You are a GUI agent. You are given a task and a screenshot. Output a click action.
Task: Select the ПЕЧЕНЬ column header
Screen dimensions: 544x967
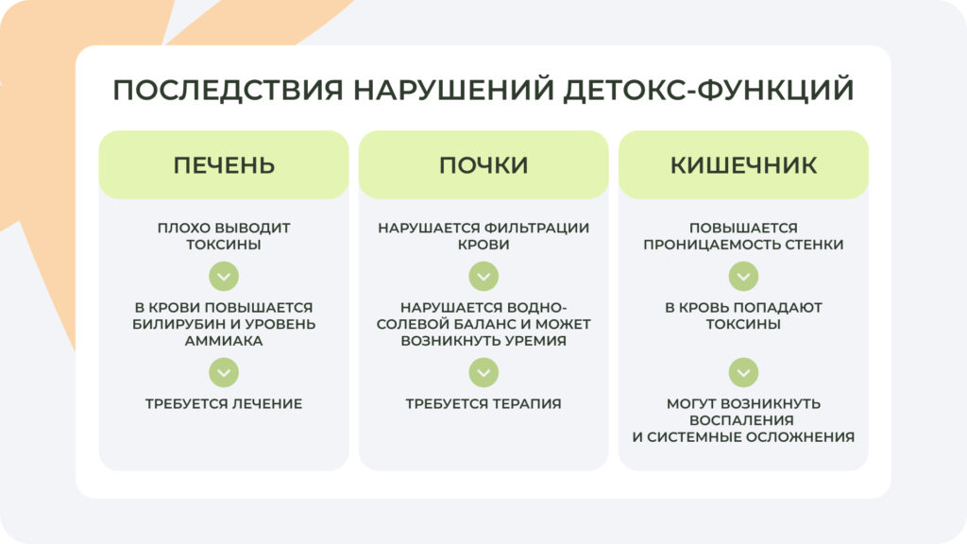click(x=224, y=165)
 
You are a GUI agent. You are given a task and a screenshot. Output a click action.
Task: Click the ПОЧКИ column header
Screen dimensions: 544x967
click(x=483, y=165)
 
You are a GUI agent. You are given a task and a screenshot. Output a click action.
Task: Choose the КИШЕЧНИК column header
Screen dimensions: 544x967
click(x=743, y=165)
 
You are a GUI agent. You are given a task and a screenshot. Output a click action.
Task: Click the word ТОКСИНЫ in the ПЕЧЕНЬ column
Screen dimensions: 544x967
click(x=224, y=245)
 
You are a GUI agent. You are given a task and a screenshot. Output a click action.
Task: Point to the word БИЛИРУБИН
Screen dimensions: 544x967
click(x=175, y=324)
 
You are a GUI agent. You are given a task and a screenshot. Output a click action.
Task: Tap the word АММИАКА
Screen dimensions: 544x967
click(x=224, y=341)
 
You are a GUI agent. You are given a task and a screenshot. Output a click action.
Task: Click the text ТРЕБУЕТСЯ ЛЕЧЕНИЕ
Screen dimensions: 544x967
click(x=224, y=403)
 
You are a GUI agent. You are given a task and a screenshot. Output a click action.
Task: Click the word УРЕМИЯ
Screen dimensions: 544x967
click(x=533, y=341)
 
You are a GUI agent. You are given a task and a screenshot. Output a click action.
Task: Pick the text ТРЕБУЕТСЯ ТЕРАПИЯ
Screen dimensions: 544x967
click(x=483, y=403)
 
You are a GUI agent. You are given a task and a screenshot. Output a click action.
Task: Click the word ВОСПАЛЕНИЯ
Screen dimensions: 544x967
click(x=743, y=420)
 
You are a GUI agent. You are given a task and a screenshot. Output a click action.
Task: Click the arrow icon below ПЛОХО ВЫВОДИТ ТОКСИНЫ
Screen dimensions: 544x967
click(x=224, y=277)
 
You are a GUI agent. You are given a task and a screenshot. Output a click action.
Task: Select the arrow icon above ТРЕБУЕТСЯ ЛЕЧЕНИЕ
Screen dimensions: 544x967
click(x=224, y=372)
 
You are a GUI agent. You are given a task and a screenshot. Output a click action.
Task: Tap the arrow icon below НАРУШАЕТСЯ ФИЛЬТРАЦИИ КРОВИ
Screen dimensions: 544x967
click(x=483, y=277)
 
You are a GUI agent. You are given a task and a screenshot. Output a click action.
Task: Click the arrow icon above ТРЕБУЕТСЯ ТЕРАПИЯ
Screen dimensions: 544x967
click(x=483, y=372)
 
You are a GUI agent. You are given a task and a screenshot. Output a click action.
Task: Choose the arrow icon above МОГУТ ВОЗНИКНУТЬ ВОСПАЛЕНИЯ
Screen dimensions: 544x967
click(x=743, y=372)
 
